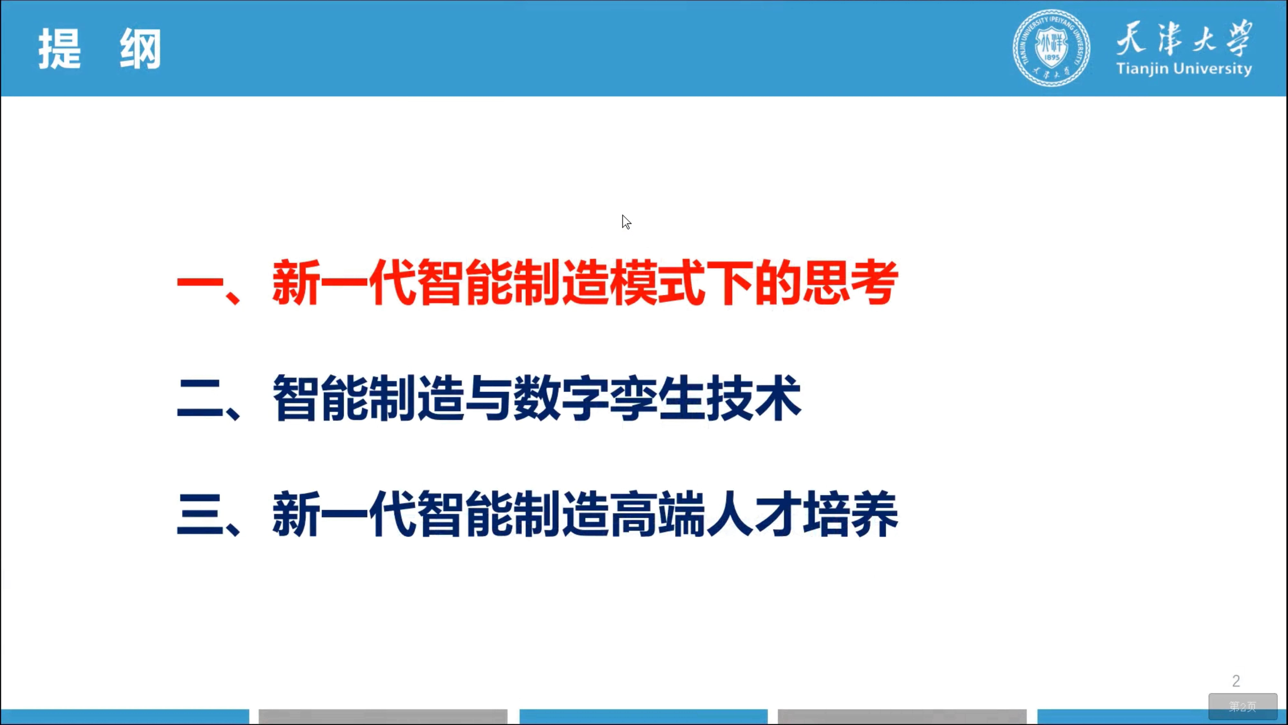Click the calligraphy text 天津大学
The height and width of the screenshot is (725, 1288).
1184,38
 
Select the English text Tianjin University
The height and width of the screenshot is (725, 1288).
1184,68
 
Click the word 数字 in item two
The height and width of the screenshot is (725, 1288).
561,399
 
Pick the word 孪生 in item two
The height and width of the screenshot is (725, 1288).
658,399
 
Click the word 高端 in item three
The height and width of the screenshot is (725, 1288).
658,514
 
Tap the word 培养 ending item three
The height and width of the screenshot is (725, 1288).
850,514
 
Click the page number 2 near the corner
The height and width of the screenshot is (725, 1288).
1236,681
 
